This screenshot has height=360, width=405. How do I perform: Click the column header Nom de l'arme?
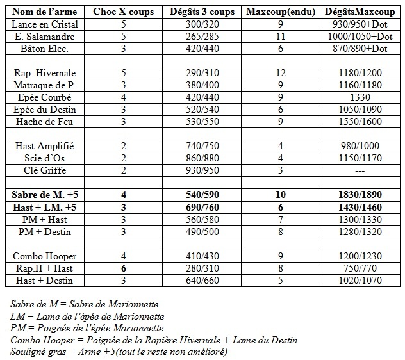click(45, 12)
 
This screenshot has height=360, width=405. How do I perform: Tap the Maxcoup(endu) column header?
click(280, 12)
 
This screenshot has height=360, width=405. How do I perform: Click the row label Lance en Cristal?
click(45, 24)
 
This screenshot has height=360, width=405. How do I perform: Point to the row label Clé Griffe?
click(45, 170)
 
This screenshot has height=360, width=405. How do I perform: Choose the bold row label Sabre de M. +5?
click(45, 194)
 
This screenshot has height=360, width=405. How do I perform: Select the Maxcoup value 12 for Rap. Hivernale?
click(280, 73)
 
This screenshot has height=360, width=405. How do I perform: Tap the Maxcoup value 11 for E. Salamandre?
click(280, 37)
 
